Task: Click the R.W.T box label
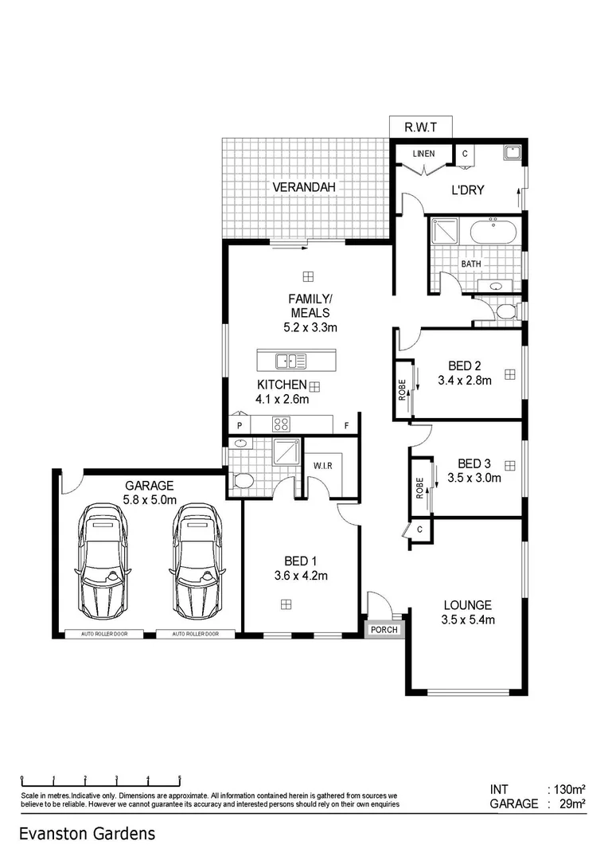tap(421, 127)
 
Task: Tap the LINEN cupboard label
tap(423, 154)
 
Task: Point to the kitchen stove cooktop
tap(280, 424)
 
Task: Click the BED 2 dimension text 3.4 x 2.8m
tap(465, 381)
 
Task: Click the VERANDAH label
tap(304, 188)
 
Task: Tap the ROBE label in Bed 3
tap(419, 487)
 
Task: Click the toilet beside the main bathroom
tap(505, 311)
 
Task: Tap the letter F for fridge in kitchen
tap(346, 426)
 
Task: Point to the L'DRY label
tap(469, 190)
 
